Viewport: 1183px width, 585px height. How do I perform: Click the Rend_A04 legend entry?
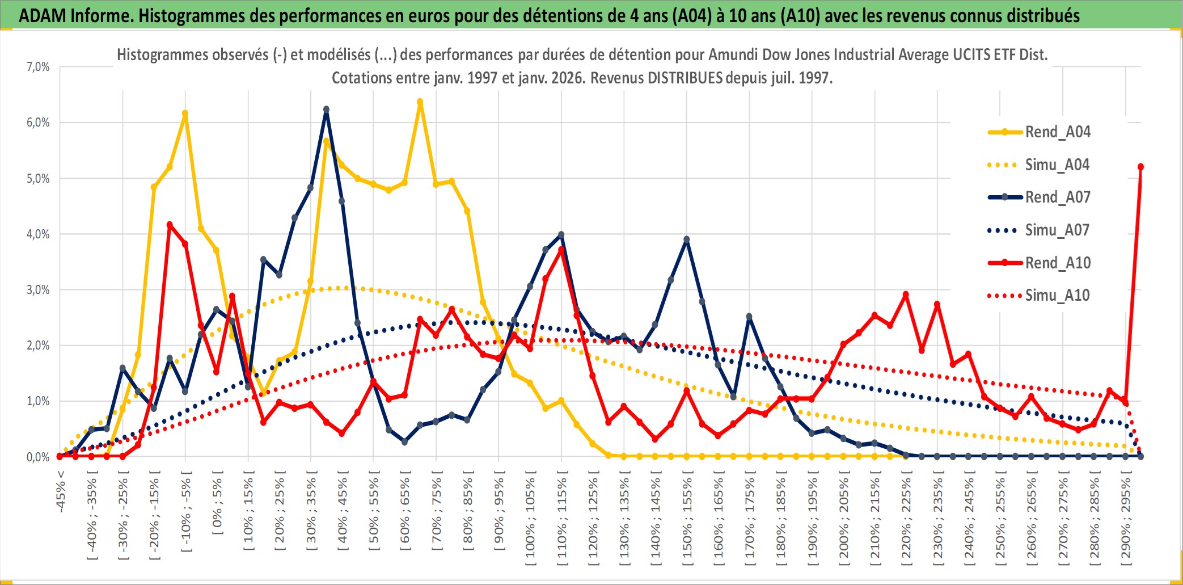point(1057,132)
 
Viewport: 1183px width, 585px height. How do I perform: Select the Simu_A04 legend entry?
point(1057,165)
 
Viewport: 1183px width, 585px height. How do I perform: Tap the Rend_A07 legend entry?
point(1057,197)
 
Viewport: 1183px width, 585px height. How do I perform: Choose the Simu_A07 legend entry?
point(1057,230)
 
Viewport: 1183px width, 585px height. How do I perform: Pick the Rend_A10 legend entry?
point(1057,263)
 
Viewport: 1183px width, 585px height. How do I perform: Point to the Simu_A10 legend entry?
point(1057,295)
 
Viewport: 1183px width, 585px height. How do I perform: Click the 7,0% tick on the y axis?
point(38,67)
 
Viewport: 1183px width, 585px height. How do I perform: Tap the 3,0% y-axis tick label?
point(38,290)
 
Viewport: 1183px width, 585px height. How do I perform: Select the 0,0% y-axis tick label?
point(38,457)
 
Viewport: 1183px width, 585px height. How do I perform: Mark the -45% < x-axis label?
point(61,491)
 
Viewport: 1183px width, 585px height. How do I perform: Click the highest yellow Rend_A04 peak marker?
point(420,102)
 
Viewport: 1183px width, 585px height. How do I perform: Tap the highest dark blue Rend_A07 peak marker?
point(326,110)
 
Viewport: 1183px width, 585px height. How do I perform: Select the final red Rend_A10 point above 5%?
point(1140,167)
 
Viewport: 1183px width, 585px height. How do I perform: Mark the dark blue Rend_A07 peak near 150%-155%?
point(687,239)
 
